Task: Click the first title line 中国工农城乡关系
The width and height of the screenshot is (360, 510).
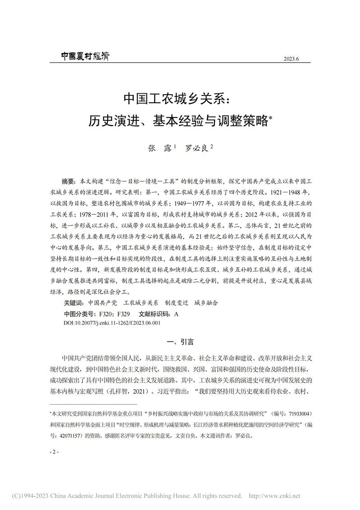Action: click(x=180, y=98)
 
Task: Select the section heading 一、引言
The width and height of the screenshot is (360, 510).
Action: click(x=180, y=342)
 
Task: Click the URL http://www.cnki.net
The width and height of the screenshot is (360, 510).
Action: click(x=274, y=496)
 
